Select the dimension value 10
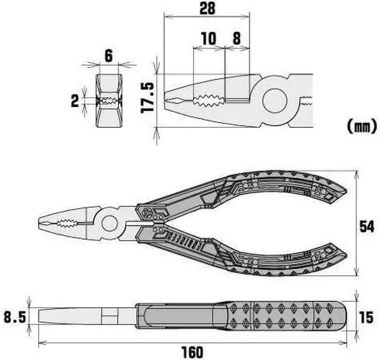[208, 39]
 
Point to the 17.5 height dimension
[148, 97]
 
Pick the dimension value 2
[75, 101]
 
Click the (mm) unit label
[360, 126]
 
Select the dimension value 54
[367, 226]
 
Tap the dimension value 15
[367, 317]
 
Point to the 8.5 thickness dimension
[15, 317]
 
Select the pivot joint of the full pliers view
[110, 223]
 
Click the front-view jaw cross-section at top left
[108, 101]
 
